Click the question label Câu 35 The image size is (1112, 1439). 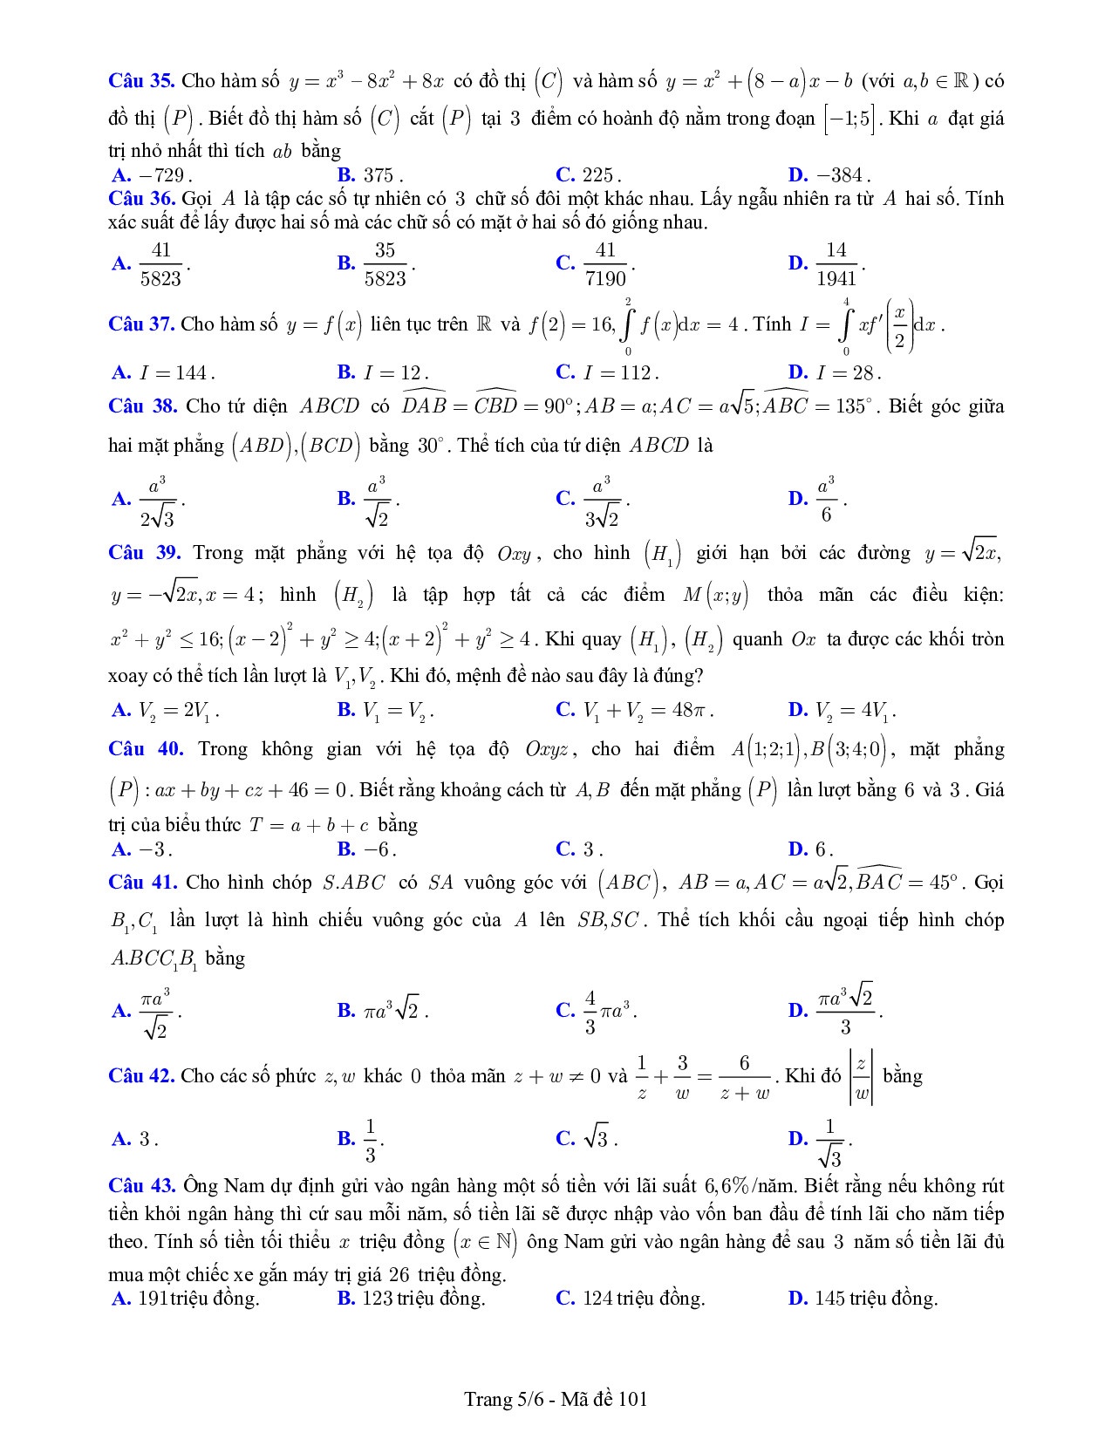(141, 81)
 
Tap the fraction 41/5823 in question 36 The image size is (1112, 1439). (161, 263)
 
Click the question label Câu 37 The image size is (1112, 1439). (141, 324)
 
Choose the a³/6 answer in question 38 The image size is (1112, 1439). (826, 499)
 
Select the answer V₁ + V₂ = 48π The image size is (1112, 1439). (646, 711)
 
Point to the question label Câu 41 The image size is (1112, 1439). (143, 883)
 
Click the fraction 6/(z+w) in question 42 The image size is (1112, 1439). (744, 1077)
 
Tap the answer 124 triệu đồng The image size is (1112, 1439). (643, 1299)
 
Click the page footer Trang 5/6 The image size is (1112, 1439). (556, 1400)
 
